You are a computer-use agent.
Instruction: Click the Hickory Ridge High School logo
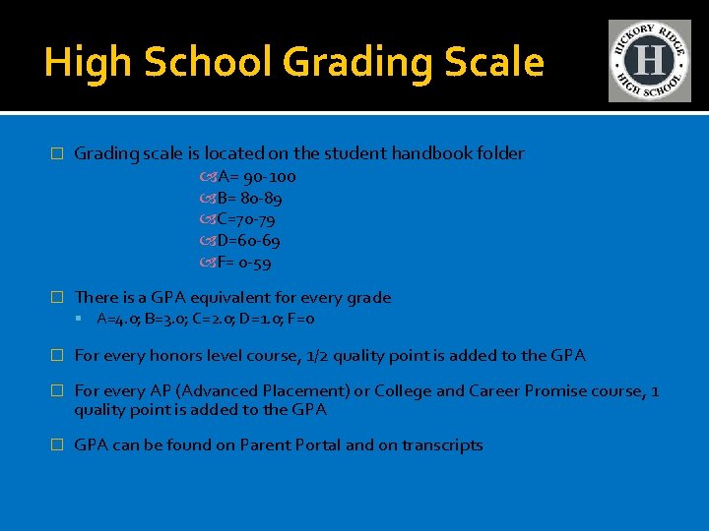[x=649, y=61]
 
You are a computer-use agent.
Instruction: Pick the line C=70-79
[x=245, y=219]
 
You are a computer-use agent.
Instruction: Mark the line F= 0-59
[x=244, y=263]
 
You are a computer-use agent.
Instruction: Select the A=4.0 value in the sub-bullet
[x=118, y=320]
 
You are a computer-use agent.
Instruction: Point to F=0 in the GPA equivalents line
[x=301, y=320]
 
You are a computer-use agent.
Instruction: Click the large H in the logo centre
[x=649, y=61]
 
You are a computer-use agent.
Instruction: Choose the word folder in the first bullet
[x=499, y=153]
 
